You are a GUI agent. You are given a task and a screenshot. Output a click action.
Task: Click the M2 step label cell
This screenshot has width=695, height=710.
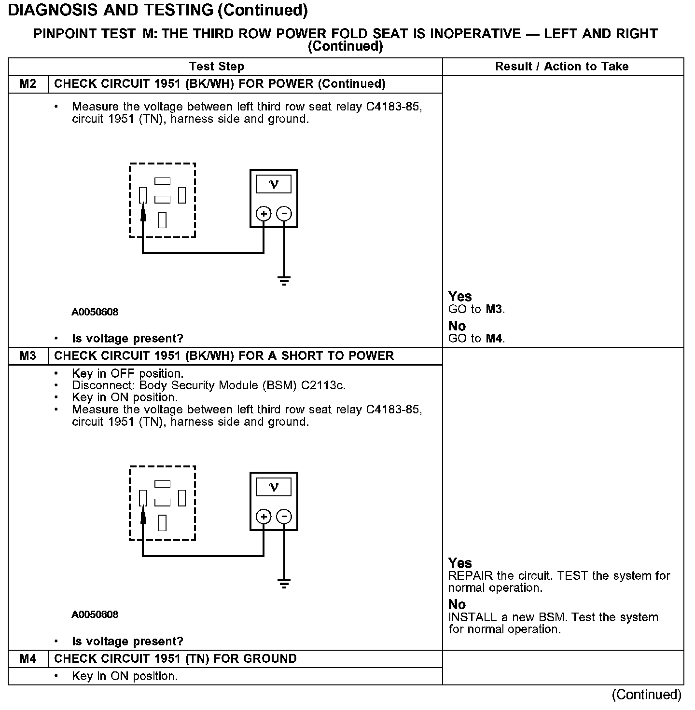pos(28,84)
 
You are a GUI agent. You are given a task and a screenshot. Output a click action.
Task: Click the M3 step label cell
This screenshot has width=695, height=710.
pos(28,356)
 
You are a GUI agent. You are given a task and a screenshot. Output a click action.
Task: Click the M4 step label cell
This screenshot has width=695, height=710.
pos(28,659)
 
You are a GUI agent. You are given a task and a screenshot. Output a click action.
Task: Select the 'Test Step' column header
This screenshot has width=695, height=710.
pos(217,67)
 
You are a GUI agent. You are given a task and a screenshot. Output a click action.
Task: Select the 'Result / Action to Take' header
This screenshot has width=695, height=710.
pos(562,67)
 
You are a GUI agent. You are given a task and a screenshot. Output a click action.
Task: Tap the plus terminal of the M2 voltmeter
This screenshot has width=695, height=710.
pos(264,214)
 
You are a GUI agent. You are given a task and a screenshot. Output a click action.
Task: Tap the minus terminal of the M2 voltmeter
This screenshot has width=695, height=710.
pos(284,214)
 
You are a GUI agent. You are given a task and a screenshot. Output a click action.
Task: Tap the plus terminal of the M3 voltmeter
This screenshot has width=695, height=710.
pos(264,517)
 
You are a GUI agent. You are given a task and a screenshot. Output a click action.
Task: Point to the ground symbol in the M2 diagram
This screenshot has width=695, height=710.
pos(284,281)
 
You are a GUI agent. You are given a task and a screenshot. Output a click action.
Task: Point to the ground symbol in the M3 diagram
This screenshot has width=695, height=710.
pos(284,584)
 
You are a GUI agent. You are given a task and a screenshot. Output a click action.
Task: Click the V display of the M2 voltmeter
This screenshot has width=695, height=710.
pos(274,184)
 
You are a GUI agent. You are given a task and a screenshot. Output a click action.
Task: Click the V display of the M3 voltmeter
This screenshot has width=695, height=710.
pos(274,487)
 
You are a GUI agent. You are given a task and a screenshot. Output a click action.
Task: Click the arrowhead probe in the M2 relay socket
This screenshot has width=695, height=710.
pos(143,212)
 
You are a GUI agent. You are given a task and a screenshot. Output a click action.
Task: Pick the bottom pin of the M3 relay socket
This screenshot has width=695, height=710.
pos(162,522)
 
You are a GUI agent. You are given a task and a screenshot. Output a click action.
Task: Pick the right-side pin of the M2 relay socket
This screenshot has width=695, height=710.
pos(182,195)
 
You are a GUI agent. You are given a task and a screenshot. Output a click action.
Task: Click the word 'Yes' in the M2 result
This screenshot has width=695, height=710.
pos(460,296)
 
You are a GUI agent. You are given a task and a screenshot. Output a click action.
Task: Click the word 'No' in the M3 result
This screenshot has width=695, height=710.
pos(457,604)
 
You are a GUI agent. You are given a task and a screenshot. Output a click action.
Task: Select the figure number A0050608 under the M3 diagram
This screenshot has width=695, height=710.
pos(95,614)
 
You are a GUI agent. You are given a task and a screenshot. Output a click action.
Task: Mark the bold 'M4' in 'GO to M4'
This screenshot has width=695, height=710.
pos(494,339)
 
